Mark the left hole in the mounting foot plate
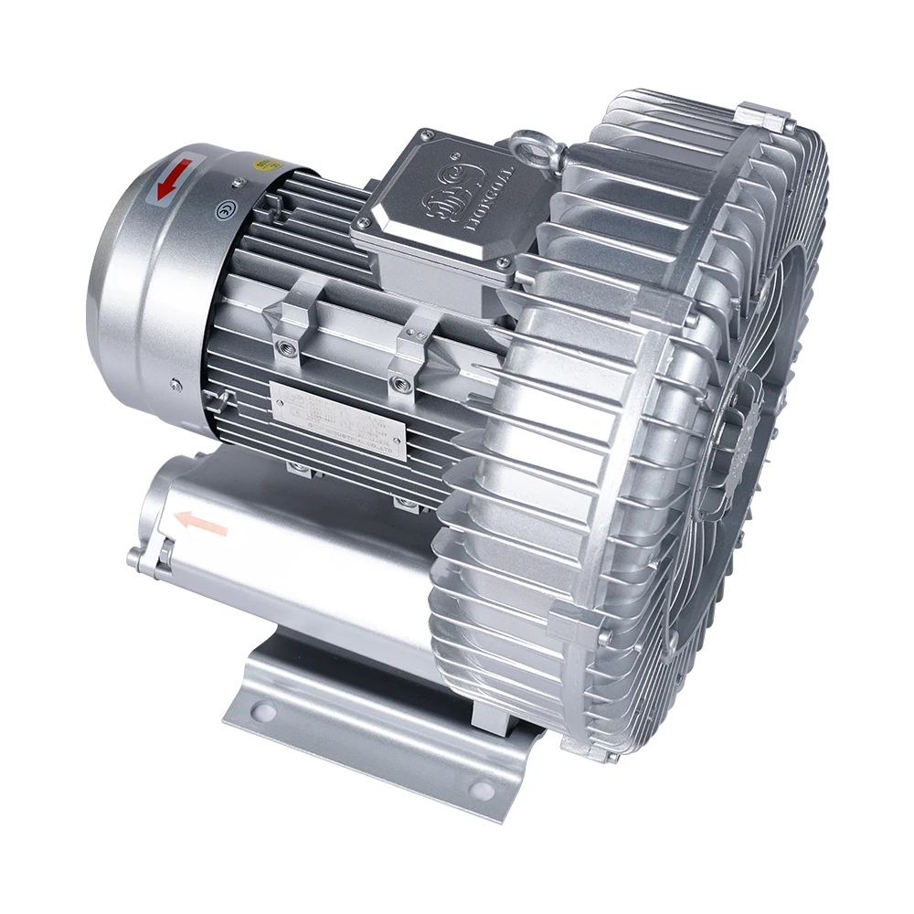point(264,709)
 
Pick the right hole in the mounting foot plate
point(480,792)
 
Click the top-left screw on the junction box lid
point(426,136)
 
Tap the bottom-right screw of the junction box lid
point(501,263)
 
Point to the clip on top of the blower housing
point(763,117)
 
